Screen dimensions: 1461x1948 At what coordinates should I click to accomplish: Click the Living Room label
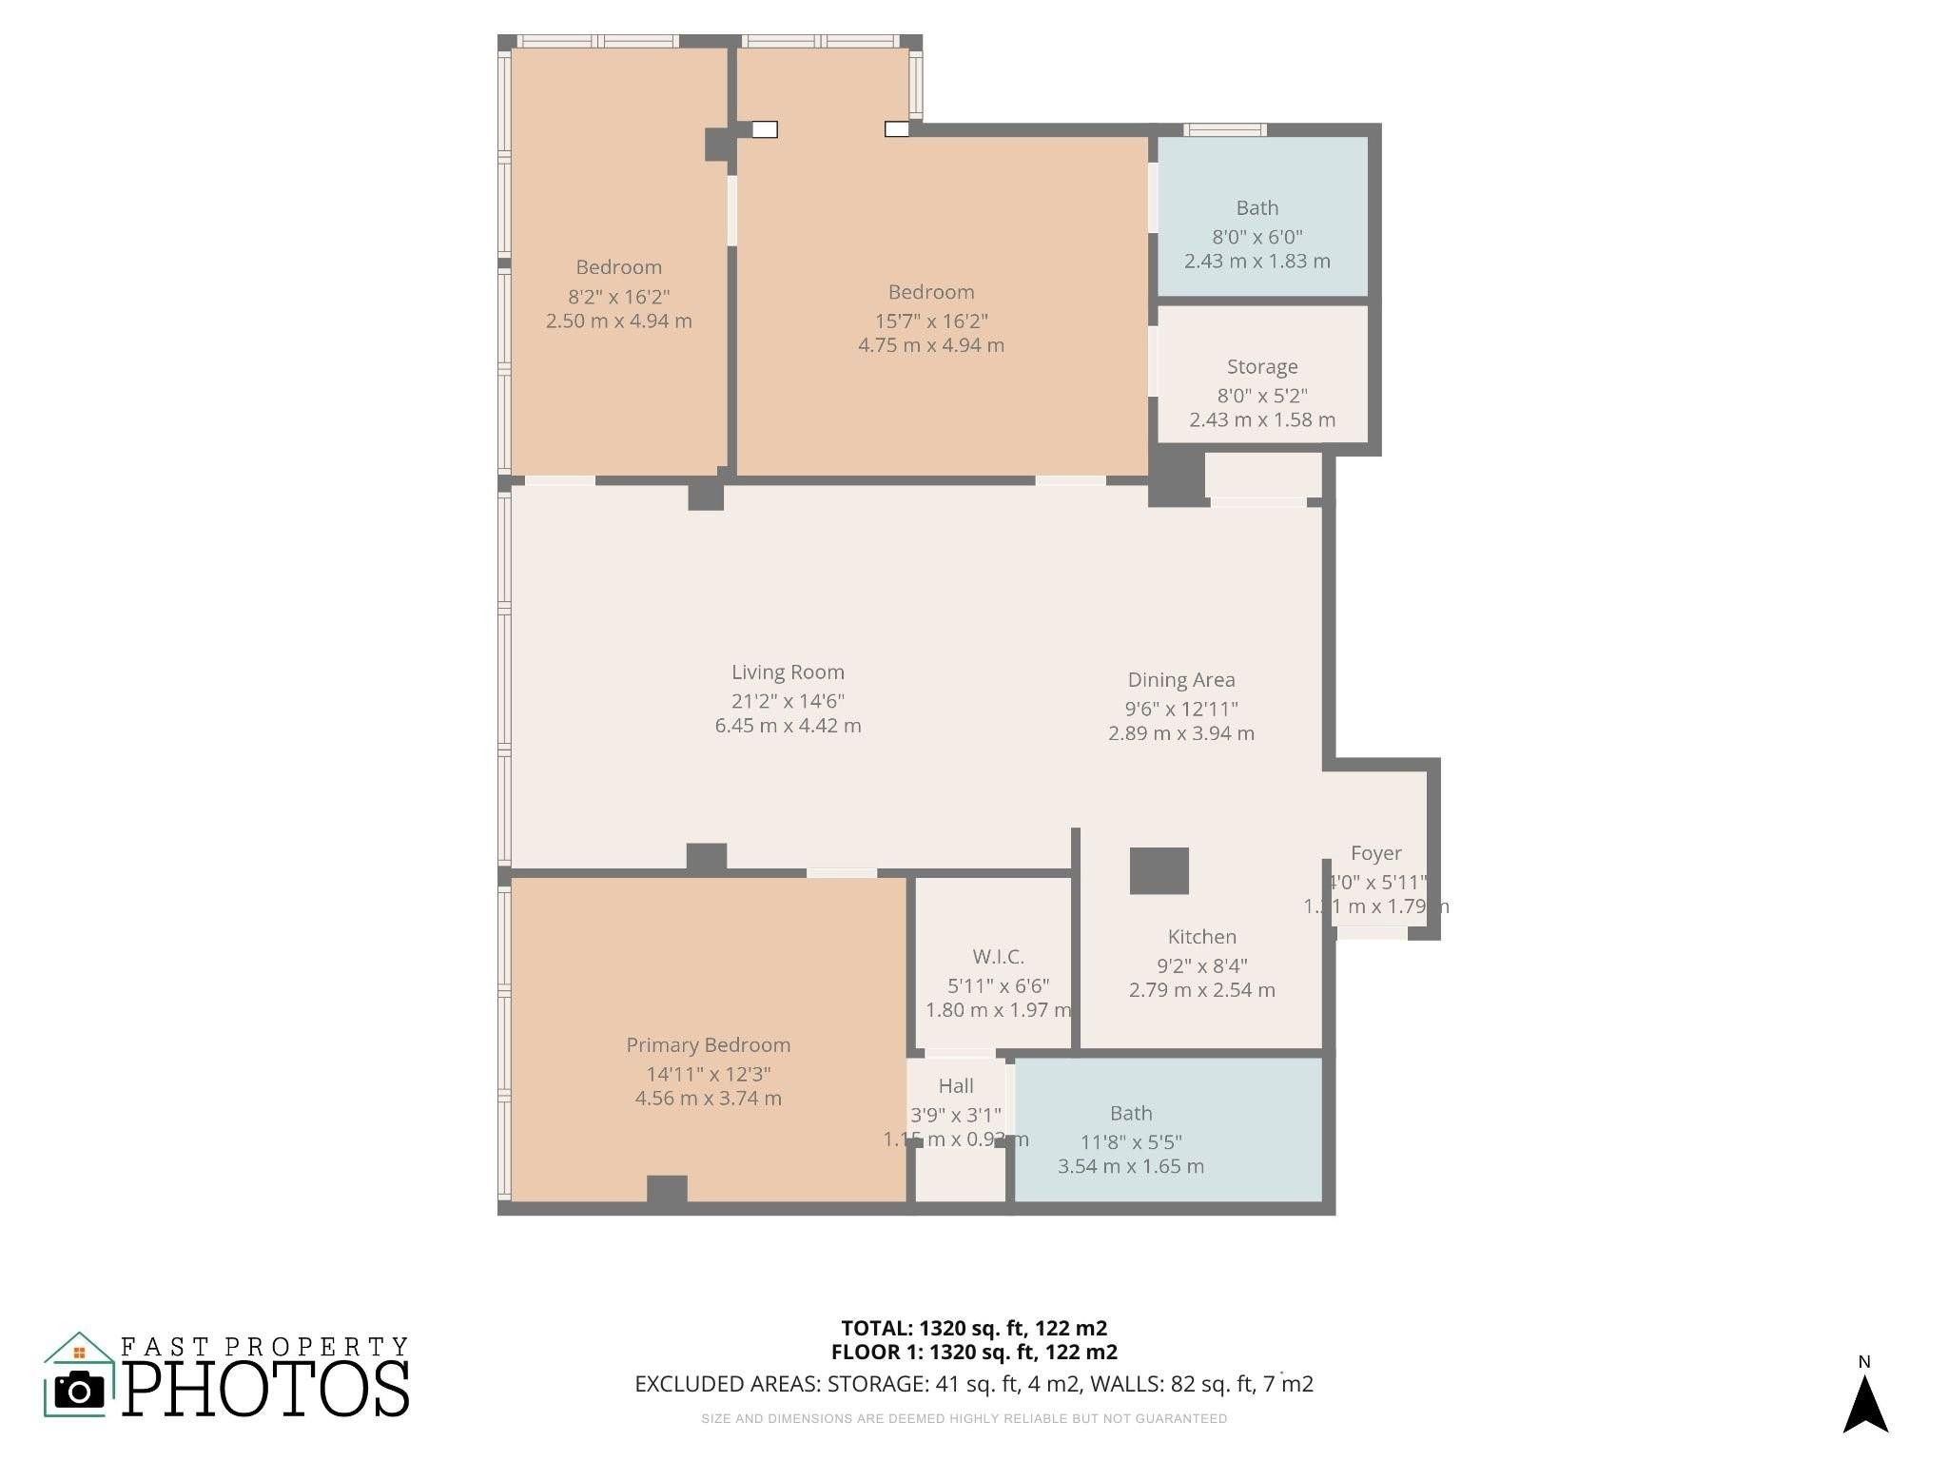tap(788, 672)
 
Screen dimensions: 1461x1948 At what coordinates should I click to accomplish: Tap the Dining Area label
tap(1180, 680)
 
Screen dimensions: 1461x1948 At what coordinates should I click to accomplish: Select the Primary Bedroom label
tap(708, 1045)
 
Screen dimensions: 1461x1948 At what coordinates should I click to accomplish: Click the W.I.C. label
tap(998, 957)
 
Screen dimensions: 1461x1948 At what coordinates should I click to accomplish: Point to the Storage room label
tap(1261, 367)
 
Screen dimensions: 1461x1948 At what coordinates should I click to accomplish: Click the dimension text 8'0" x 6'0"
tap(1256, 237)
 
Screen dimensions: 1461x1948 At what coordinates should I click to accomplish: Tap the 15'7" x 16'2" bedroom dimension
tap(930, 321)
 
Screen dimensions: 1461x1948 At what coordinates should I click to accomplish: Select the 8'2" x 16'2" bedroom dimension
tap(618, 297)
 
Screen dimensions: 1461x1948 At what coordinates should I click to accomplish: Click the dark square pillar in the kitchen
tap(1159, 870)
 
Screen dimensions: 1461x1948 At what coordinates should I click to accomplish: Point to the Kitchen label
tap(1201, 937)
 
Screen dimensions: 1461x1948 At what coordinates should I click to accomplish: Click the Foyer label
tap(1375, 854)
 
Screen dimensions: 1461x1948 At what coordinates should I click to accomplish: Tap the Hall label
tap(955, 1086)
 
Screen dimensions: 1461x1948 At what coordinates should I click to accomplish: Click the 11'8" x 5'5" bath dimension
tap(1131, 1142)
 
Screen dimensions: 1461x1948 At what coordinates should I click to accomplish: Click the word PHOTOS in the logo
tap(265, 1389)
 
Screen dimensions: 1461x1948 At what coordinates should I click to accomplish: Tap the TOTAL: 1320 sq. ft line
tap(973, 1328)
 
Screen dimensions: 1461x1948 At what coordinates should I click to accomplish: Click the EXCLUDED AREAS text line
tap(973, 1384)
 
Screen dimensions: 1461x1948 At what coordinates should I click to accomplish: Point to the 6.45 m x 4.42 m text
tap(788, 726)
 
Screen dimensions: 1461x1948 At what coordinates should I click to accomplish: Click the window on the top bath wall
tap(1224, 130)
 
